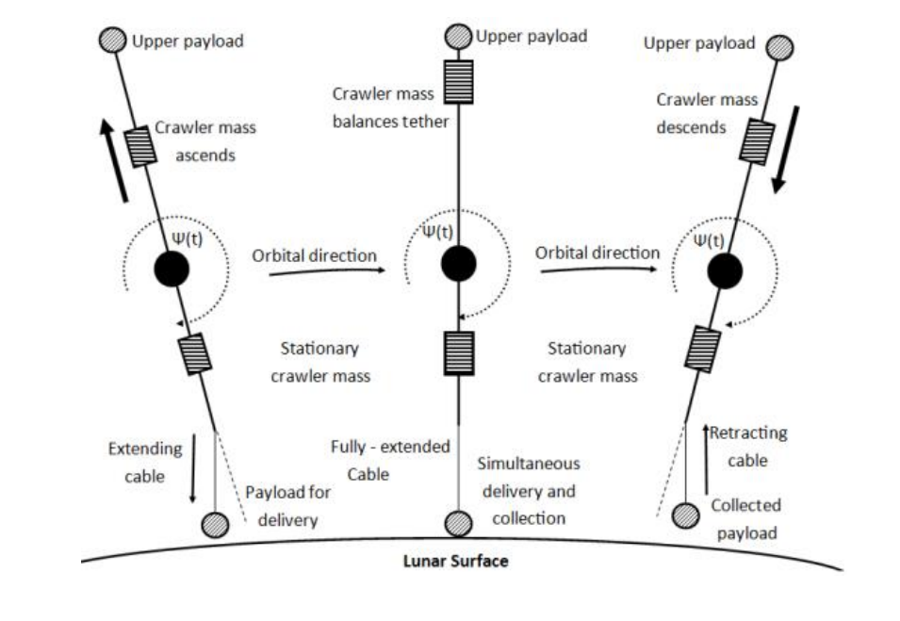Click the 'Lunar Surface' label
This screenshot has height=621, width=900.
455,562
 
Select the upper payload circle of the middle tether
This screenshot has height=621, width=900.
458,37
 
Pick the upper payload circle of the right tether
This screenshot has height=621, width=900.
779,47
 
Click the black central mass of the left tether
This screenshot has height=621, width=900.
172,269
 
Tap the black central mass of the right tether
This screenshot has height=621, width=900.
725,271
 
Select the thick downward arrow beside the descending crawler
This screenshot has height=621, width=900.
783,149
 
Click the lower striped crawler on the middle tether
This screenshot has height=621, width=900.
458,353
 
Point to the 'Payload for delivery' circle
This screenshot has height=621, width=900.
216,524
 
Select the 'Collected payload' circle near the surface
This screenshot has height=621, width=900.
685,515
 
